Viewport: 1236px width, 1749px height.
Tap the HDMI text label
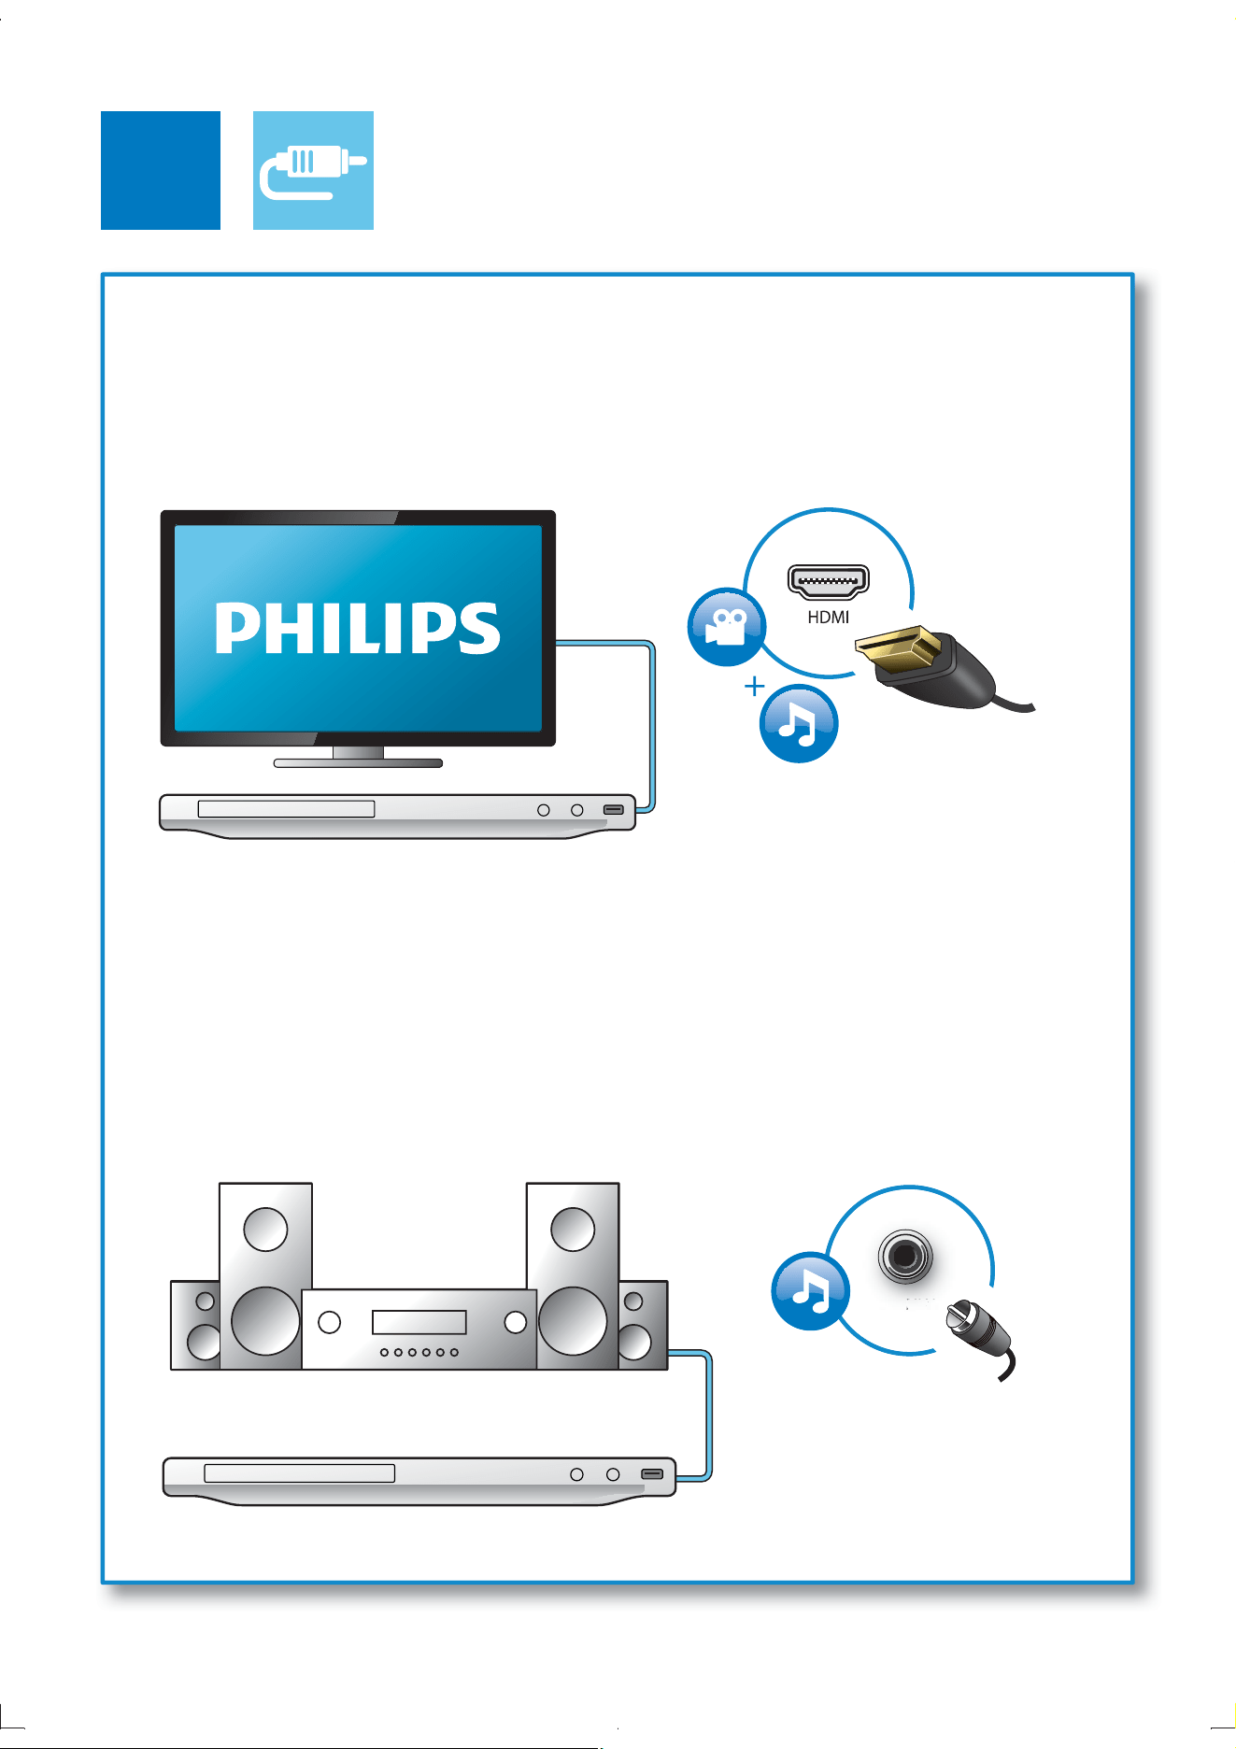tap(829, 617)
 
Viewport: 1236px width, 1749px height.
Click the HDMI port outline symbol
tap(829, 581)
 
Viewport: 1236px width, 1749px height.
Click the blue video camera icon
tap(726, 627)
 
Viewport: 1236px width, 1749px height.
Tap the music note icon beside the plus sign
tap(799, 723)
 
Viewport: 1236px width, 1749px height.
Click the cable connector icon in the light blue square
tap(313, 170)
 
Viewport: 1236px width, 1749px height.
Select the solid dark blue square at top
tap(161, 170)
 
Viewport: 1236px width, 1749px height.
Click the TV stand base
tap(358, 762)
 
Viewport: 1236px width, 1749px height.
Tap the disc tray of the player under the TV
tap(286, 809)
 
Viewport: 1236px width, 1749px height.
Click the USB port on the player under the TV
tap(614, 809)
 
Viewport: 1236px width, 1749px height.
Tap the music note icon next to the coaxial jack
tap(811, 1291)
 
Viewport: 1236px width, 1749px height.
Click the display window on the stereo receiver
tap(419, 1321)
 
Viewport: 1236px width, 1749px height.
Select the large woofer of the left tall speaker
tap(265, 1321)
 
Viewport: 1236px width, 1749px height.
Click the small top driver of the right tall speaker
tap(573, 1229)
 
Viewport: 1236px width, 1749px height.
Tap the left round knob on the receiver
tap(329, 1322)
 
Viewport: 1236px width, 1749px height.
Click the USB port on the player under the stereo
tap(652, 1474)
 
